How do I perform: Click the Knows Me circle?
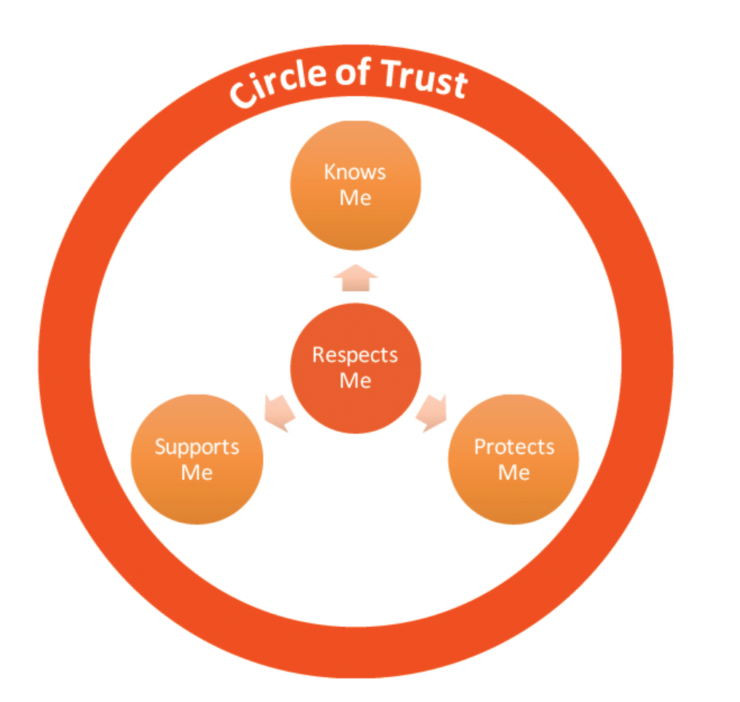355,185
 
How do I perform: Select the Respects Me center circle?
355,368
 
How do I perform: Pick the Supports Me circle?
197,459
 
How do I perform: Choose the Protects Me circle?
513,459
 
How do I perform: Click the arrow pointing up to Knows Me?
355,278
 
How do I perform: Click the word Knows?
355,173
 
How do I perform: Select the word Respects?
355,355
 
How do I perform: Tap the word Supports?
197,446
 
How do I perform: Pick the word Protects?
514,446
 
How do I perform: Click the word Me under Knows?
355,198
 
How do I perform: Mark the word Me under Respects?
355,381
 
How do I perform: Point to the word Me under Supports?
197,472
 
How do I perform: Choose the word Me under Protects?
513,472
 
